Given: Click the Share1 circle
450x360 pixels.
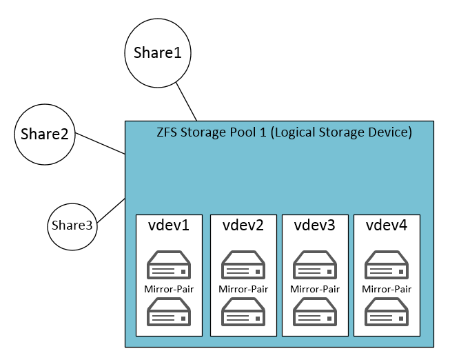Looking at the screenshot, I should pyautogui.click(x=157, y=53).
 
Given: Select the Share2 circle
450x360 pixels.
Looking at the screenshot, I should pyautogui.click(x=44, y=134).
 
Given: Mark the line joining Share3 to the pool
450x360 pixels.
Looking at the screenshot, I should pyautogui.click(x=111, y=210).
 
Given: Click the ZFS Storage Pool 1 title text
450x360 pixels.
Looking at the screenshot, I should pyautogui.click(x=285, y=132).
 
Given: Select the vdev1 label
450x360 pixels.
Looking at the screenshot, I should pyautogui.click(x=169, y=226).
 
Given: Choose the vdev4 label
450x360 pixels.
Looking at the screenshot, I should pyautogui.click(x=387, y=226).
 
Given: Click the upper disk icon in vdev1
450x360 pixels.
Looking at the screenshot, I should pyautogui.click(x=169, y=265).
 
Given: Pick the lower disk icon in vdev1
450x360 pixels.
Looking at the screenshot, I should pyautogui.click(x=169, y=312).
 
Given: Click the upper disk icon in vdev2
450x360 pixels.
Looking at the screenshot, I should pyautogui.click(x=243, y=265).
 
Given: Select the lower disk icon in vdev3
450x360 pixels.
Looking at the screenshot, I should pyautogui.click(x=315, y=312).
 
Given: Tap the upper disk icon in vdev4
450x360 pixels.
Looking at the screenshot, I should pyautogui.click(x=387, y=265).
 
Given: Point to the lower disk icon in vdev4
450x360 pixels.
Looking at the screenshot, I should pyautogui.click(x=387, y=312).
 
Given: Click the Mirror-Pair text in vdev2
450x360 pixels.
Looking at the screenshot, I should pyautogui.click(x=243, y=289).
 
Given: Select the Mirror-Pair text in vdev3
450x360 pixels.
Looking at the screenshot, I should pyautogui.click(x=315, y=289).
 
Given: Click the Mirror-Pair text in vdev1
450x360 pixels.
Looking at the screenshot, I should pyautogui.click(x=169, y=289).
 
